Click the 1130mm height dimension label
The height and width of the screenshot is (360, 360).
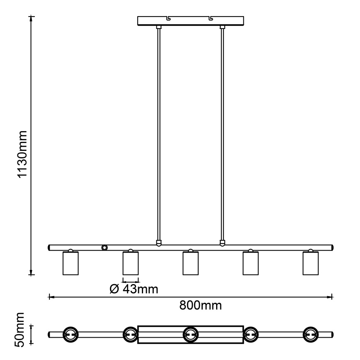[x=22, y=154]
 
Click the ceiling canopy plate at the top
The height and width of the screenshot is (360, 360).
[x=190, y=21]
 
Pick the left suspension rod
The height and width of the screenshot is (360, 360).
[x=158, y=133]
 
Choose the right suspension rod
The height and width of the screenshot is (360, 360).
[x=222, y=133]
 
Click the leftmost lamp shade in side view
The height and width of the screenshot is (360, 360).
[x=71, y=263]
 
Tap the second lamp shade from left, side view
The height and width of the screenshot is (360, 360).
[x=131, y=263]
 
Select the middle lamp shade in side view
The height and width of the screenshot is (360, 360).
[x=190, y=263]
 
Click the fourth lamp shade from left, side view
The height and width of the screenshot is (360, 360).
[x=251, y=263]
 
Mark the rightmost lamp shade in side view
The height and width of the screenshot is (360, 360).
[x=310, y=263]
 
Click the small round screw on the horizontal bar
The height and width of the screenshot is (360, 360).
[x=105, y=248]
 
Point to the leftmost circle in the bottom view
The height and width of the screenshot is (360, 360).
[x=70, y=334]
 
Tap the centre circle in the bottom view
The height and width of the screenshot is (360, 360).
[x=190, y=334]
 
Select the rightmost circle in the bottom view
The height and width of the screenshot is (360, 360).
[x=311, y=334]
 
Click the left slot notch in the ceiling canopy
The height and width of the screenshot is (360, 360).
[x=169, y=18]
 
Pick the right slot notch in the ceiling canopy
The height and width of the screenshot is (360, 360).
[x=212, y=18]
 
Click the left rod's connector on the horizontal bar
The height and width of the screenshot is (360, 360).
[x=158, y=243]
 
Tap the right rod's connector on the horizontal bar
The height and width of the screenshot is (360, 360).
[x=222, y=243]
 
